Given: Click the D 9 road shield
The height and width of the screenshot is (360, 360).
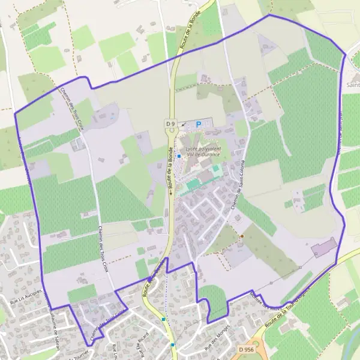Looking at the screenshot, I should pyautogui.click(x=169, y=123).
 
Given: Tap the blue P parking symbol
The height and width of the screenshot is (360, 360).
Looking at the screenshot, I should pyautogui.click(x=198, y=124).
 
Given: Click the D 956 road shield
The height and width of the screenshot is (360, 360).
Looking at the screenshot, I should pyautogui.click(x=244, y=349).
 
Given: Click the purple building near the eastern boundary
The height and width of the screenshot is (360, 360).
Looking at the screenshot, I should pyautogui.click(x=324, y=247).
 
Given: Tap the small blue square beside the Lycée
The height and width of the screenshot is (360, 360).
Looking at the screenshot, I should pyautogui.click(x=179, y=157).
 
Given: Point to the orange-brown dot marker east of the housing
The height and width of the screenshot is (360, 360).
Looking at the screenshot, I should pyautogui.click(x=242, y=236).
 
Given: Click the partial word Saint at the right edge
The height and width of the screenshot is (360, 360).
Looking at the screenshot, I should pyautogui.click(x=352, y=85).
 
